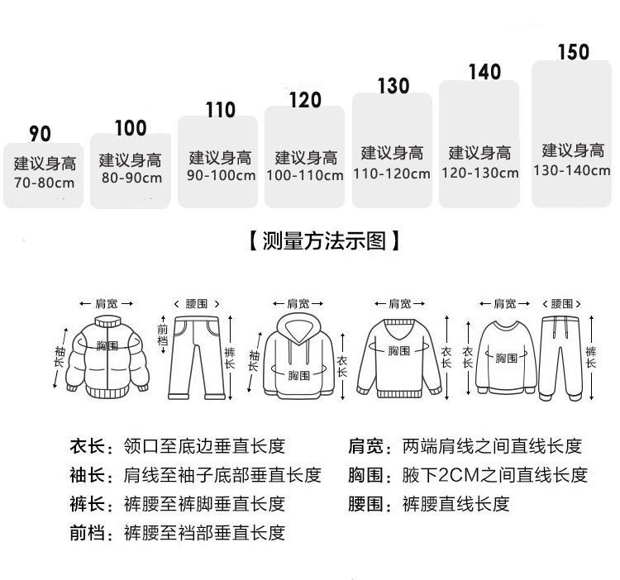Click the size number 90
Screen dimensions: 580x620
pyautogui.click(x=41, y=134)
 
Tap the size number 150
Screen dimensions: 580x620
pyautogui.click(x=574, y=52)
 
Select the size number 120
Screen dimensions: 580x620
pyautogui.click(x=305, y=101)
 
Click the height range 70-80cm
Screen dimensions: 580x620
pyautogui.click(x=45, y=181)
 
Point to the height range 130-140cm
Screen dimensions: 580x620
pyautogui.click(x=574, y=171)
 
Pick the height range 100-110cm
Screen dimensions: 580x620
pyautogui.click(x=306, y=176)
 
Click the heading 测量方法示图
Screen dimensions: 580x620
pyautogui.click(x=325, y=241)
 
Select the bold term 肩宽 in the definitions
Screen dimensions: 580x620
pyautogui.click(x=365, y=446)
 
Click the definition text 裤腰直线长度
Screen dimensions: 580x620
pyautogui.click(x=455, y=504)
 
